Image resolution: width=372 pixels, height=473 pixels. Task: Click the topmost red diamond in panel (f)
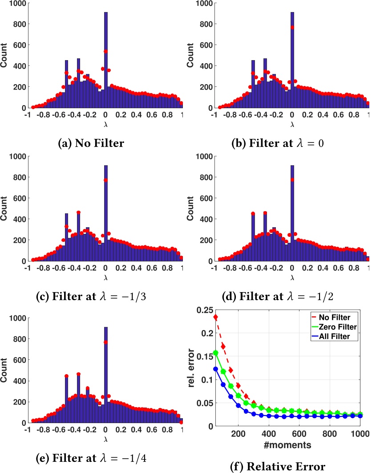[x=215, y=317]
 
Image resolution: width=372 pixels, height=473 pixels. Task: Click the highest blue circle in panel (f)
[x=215, y=369]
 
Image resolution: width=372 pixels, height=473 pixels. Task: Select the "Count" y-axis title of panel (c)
[x=6, y=208]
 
